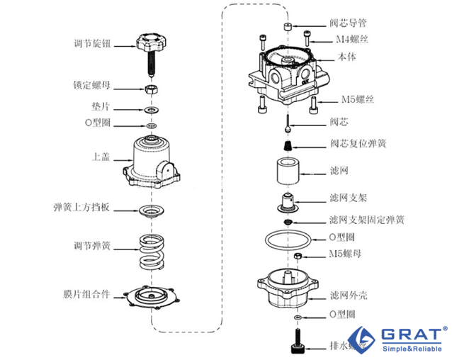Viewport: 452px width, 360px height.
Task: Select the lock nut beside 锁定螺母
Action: click(x=151, y=89)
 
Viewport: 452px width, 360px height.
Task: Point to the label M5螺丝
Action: click(x=357, y=99)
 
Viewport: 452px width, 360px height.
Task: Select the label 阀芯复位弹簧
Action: click(x=358, y=144)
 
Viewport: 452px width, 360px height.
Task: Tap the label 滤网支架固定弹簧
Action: click(x=367, y=220)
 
